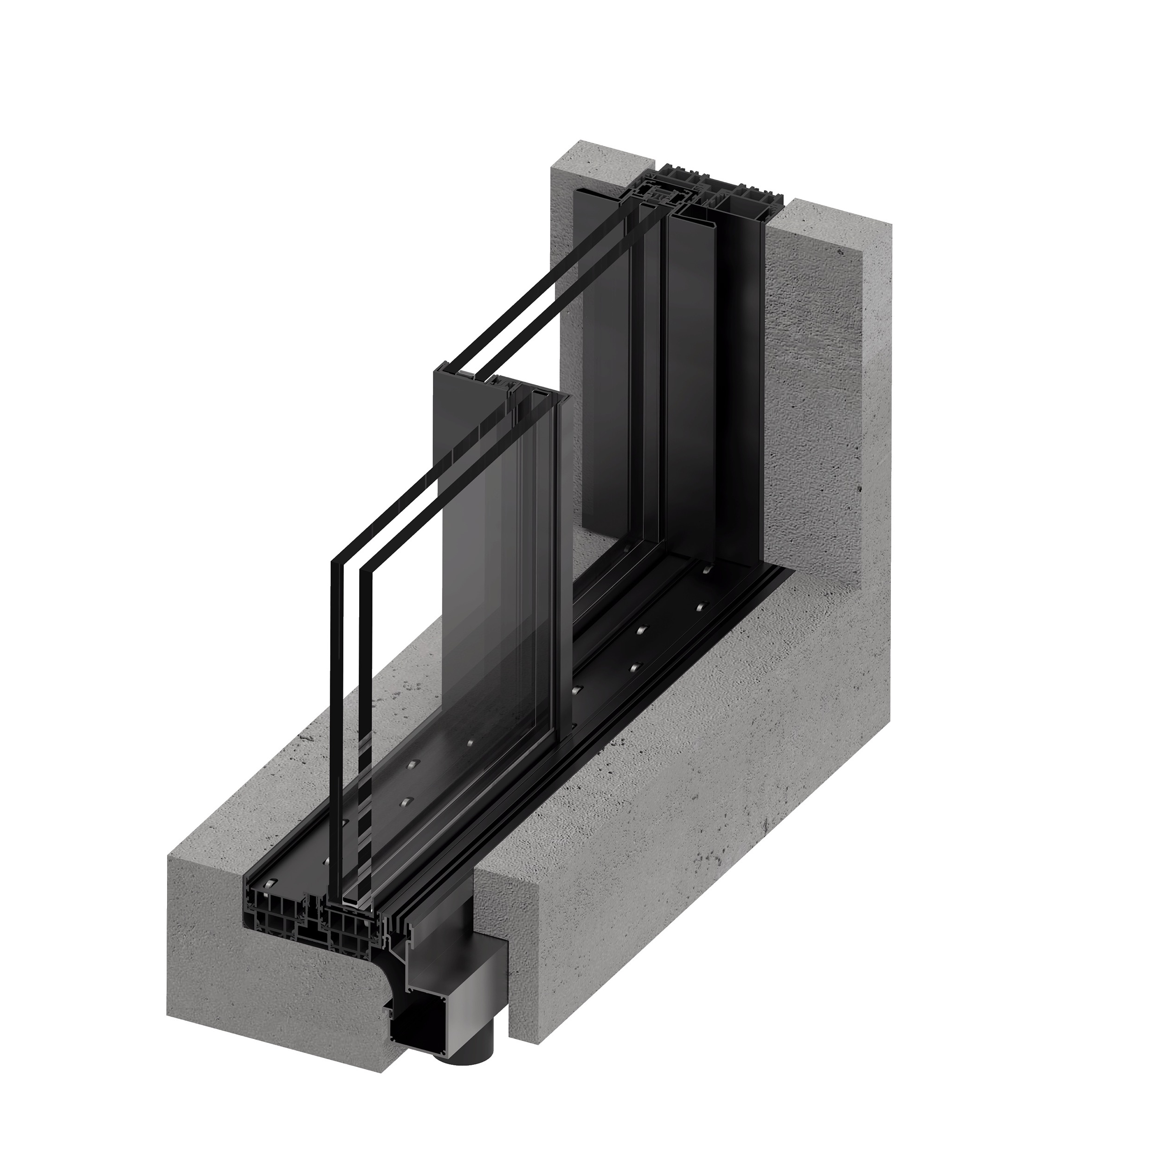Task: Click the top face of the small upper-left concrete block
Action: point(600,156)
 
